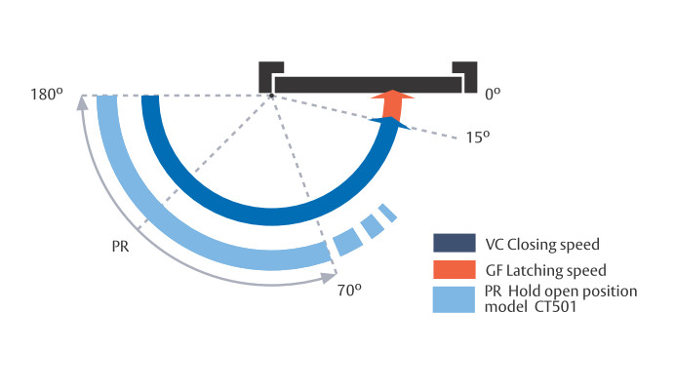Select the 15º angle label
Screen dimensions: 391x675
pos(475,138)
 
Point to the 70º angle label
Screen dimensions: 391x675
pos(350,290)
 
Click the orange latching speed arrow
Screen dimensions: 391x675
pos(392,104)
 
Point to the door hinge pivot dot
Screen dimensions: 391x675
pos(271,96)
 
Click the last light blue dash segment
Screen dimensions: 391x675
pos(387,212)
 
